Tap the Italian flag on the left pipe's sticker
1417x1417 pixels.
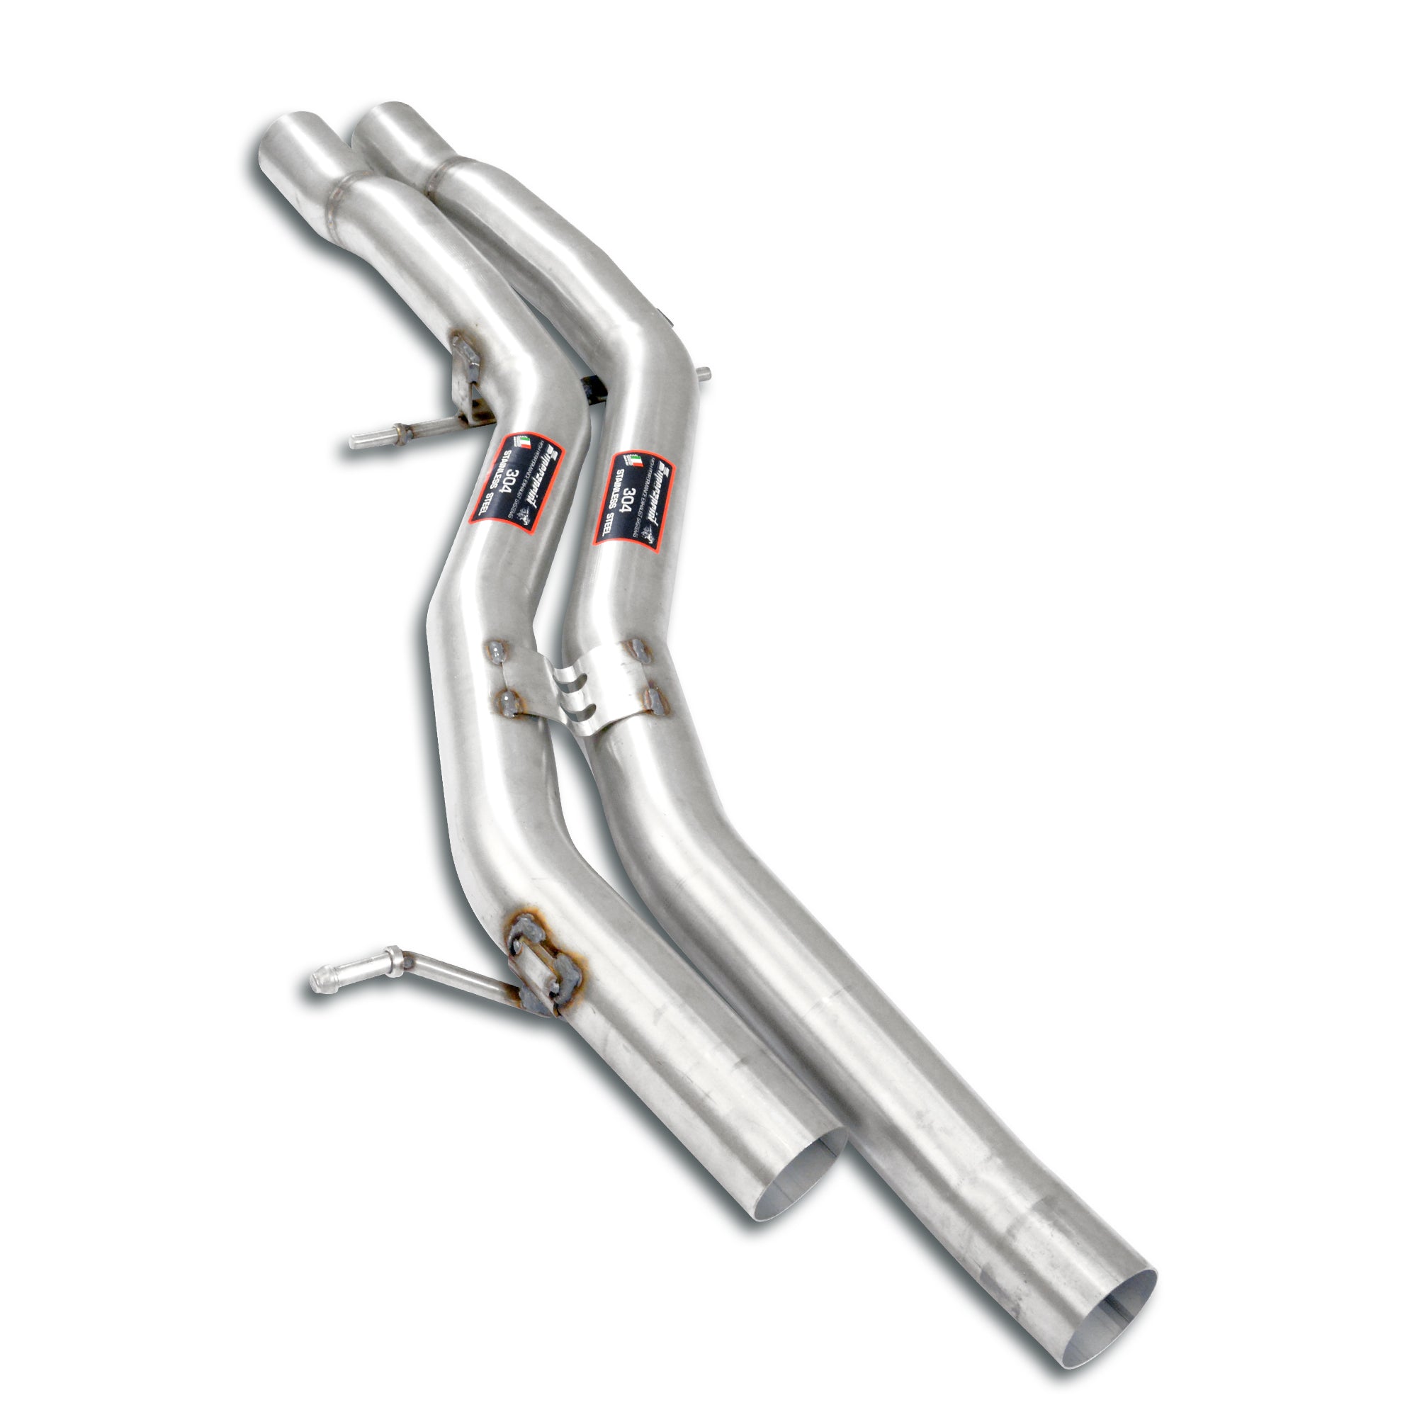524,442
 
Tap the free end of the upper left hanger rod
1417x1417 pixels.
356,440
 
